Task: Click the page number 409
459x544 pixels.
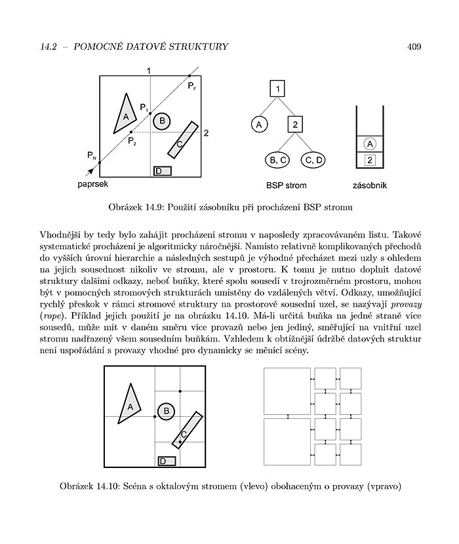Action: [x=414, y=47]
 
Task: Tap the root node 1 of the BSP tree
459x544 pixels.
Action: [x=277, y=88]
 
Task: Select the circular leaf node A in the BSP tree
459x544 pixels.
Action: [x=259, y=125]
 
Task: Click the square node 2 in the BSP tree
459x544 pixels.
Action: [x=295, y=125]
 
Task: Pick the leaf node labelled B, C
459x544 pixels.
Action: [x=277, y=160]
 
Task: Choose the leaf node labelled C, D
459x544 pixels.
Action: [x=313, y=160]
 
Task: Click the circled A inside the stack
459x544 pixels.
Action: [x=370, y=144]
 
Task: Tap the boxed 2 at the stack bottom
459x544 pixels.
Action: [x=370, y=160]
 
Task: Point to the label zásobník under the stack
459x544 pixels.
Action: [x=370, y=185]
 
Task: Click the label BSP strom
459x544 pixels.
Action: [x=287, y=185]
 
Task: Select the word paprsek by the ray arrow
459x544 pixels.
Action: [x=92, y=184]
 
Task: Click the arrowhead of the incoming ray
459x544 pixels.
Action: [x=90, y=170]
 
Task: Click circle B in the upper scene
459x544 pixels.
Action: [x=162, y=121]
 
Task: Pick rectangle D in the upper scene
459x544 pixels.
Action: [x=163, y=171]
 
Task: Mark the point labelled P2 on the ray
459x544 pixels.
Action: [x=131, y=132]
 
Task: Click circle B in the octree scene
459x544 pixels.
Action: [x=166, y=411]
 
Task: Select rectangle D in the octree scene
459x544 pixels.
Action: [x=167, y=461]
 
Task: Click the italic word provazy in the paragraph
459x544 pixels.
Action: [x=407, y=305]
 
